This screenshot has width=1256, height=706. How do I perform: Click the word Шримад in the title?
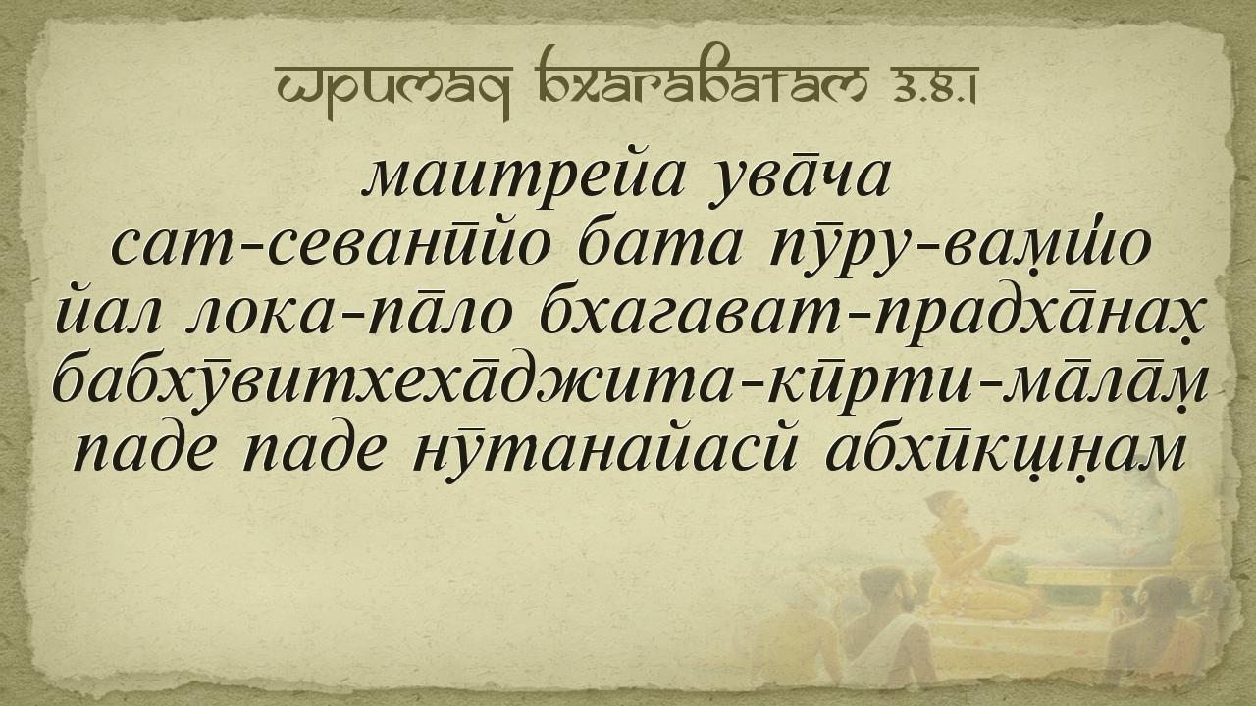pos(393,83)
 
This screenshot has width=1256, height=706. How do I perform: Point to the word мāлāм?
pos(1096,385)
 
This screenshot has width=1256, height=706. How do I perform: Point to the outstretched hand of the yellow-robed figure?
pos(1010,539)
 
